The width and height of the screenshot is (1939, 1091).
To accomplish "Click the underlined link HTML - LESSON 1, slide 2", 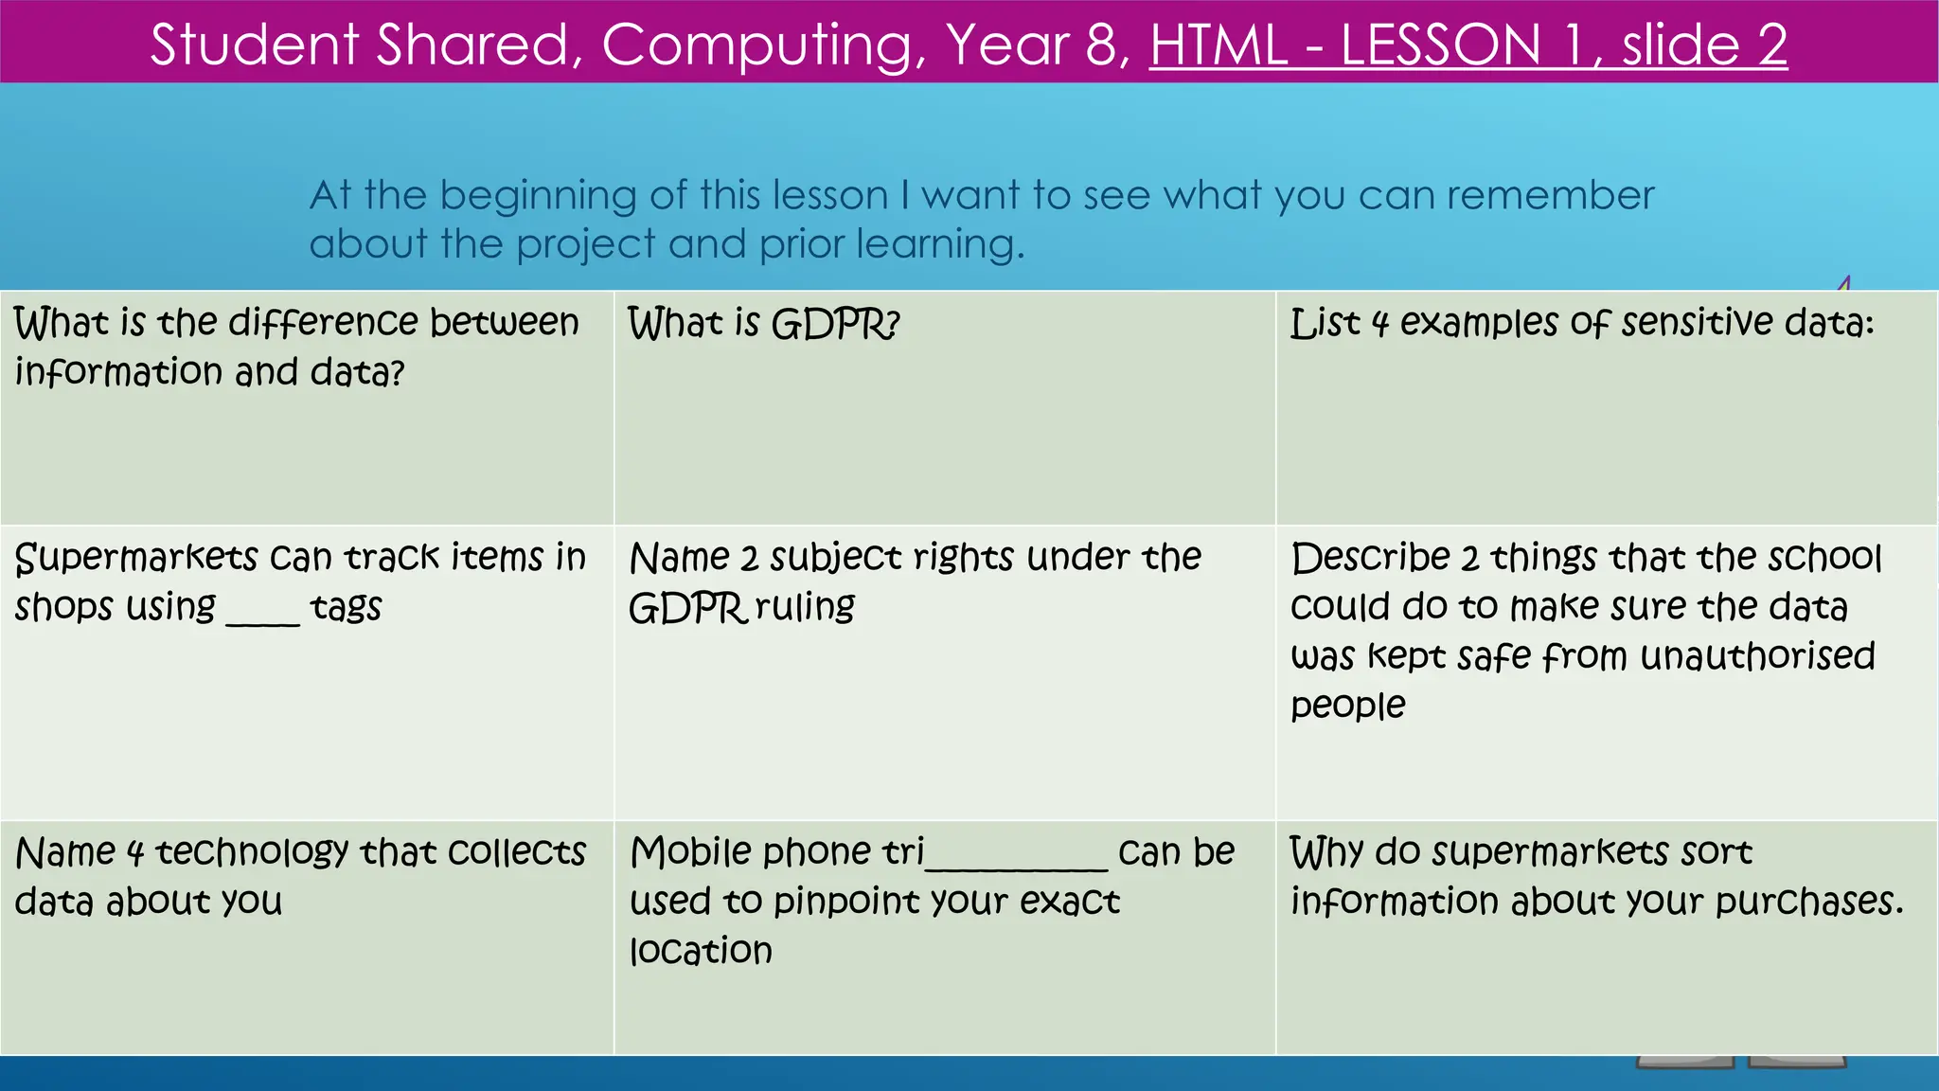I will (1468, 45).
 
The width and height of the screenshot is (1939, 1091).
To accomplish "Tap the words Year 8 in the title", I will (1038, 45).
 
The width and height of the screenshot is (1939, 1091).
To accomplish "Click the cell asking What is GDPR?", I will (763, 324).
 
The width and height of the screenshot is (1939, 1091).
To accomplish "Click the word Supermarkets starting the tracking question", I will (136, 558).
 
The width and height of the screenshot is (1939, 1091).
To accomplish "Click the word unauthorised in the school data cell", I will (1757, 656).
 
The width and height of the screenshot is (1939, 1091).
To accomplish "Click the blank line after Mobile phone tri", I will (1016, 862).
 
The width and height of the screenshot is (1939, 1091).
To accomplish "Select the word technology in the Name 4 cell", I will (252, 853).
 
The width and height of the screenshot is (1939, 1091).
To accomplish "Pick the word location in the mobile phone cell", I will (701, 951).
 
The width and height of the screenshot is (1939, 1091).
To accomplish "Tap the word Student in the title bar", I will (255, 45).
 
